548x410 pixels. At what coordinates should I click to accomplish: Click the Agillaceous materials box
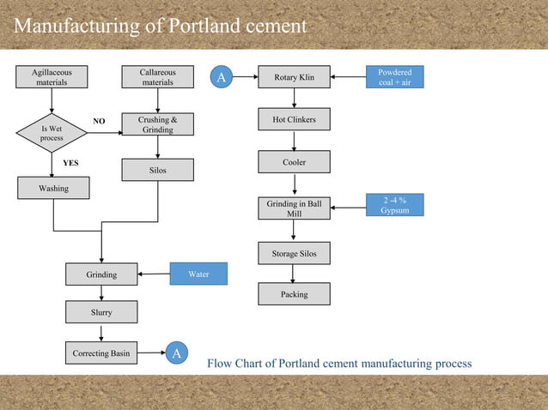pyautogui.click(x=52, y=77)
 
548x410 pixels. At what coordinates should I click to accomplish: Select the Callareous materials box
pyautogui.click(x=157, y=77)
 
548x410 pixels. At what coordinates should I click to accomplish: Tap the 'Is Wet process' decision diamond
pyautogui.click(x=52, y=133)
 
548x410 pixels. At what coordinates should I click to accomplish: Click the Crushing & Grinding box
pyautogui.click(x=157, y=124)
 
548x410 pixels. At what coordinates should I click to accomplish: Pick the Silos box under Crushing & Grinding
pyautogui.click(x=157, y=171)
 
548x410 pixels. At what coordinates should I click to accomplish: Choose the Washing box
pyautogui.click(x=52, y=188)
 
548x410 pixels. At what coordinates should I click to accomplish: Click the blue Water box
pyautogui.click(x=198, y=274)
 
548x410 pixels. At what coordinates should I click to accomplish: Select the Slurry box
pyautogui.click(x=101, y=312)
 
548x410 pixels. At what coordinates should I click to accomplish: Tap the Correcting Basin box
pyautogui.click(x=101, y=353)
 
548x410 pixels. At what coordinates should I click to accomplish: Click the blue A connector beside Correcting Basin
pyautogui.click(x=176, y=353)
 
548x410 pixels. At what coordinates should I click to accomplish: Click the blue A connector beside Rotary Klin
pyautogui.click(x=221, y=78)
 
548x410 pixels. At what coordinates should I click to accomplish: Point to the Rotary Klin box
pyautogui.click(x=294, y=78)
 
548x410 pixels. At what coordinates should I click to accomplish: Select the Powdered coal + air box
pyautogui.click(x=395, y=77)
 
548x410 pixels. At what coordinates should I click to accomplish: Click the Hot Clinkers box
pyautogui.click(x=294, y=119)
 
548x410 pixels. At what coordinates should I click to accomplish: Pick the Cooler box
pyautogui.click(x=294, y=162)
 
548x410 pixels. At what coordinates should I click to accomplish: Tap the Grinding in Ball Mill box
pyautogui.click(x=294, y=208)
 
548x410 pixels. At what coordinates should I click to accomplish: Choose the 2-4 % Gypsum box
pyautogui.click(x=395, y=205)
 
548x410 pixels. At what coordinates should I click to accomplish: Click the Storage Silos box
pyautogui.click(x=294, y=254)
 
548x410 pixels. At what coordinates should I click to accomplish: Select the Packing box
pyautogui.click(x=294, y=294)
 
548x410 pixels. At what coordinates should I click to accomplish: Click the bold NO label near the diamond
pyautogui.click(x=99, y=122)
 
